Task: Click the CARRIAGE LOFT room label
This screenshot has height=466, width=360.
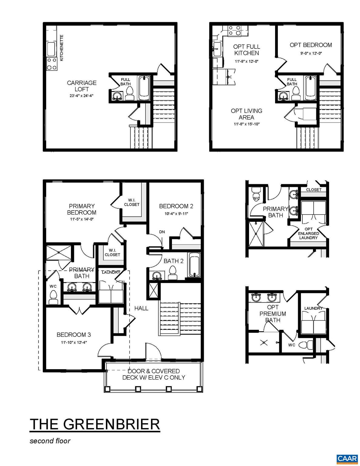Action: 82,86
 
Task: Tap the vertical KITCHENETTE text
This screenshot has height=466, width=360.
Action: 62,48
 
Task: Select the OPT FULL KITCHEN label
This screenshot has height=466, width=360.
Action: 247,50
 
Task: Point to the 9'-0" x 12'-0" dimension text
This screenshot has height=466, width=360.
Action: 311,53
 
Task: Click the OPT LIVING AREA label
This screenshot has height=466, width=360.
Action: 246,114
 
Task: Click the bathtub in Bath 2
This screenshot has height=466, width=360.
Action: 194,265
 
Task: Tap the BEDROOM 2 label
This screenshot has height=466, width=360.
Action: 176,206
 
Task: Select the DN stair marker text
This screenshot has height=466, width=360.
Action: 162,232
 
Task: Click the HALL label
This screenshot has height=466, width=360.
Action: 141,308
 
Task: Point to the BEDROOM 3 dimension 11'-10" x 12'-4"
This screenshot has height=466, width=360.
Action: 74,343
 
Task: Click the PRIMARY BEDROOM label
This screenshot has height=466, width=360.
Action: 82,209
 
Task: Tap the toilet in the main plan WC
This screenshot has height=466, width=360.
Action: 53,297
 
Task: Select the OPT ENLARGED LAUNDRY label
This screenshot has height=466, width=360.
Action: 308,233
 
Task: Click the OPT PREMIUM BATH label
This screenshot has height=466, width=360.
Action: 273,313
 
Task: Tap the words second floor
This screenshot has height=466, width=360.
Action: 50,441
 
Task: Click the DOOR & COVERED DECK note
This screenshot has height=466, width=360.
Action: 153,374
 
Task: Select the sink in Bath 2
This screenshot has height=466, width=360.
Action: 157,276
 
